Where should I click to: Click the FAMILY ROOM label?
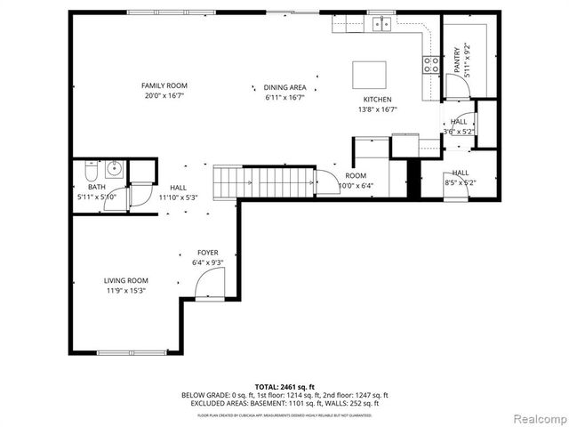click(x=164, y=85)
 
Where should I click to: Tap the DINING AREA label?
click(x=285, y=87)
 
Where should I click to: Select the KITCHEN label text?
click(x=377, y=100)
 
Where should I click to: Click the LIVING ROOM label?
click(x=125, y=280)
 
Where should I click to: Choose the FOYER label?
click(x=207, y=253)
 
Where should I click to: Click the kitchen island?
click(x=370, y=71)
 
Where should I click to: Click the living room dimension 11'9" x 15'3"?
click(x=125, y=290)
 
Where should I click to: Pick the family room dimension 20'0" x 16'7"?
click(x=164, y=96)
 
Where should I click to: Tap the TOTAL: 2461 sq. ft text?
click(x=284, y=387)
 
